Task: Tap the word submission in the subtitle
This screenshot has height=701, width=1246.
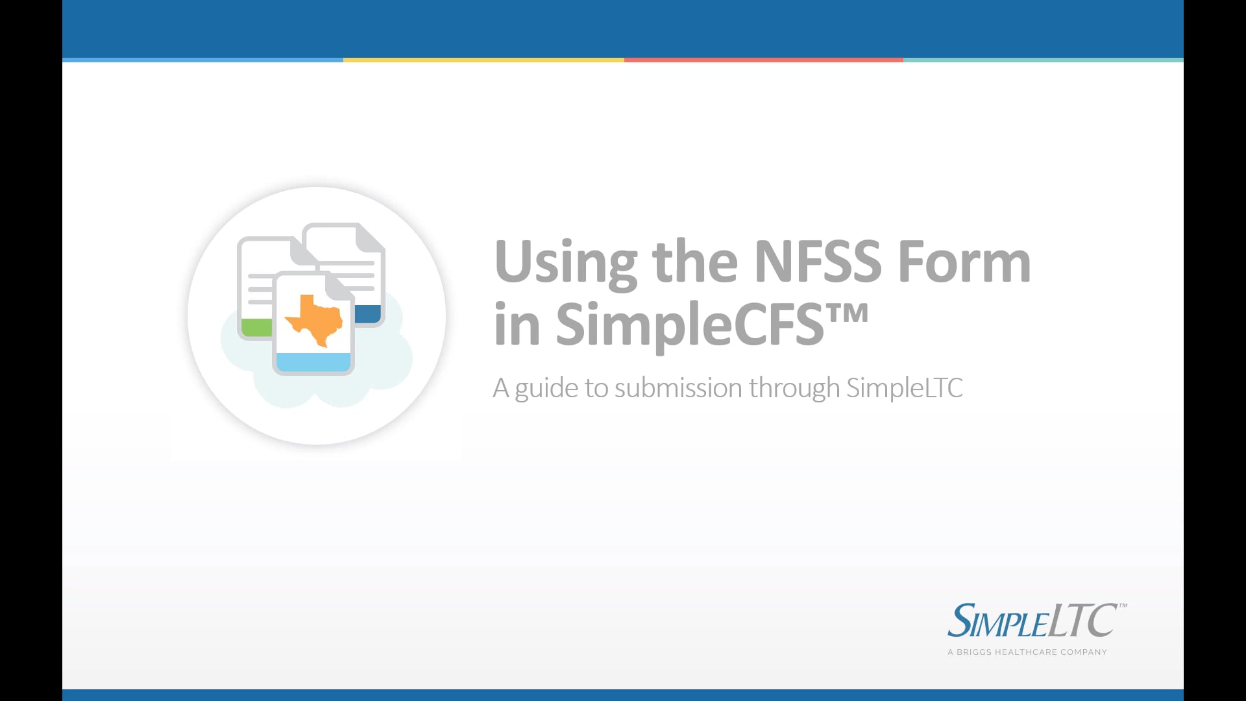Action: click(678, 388)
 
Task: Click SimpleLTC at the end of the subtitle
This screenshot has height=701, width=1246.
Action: click(904, 388)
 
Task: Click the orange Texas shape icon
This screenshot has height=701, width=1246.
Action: click(314, 320)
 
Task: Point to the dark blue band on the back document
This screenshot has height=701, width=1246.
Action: click(367, 314)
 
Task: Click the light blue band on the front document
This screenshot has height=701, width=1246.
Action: click(313, 362)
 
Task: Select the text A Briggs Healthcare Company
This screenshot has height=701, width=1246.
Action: click(1027, 652)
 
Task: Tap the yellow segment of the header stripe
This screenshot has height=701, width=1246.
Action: click(483, 60)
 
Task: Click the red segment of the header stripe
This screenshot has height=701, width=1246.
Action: click(763, 60)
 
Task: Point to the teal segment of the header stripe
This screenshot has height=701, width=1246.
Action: click(1043, 60)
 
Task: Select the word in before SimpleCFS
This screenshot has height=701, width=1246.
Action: click(517, 325)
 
